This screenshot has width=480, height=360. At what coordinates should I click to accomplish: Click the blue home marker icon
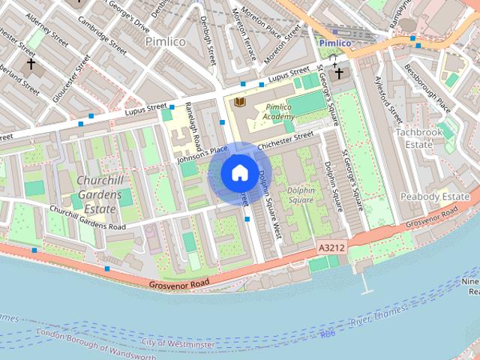[239, 173]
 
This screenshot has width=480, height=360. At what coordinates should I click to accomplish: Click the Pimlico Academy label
[278, 112]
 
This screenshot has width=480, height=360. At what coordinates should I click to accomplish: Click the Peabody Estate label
[434, 196]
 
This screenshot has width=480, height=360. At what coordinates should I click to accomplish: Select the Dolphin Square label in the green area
[300, 195]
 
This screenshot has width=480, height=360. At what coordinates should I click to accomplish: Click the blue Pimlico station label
[335, 43]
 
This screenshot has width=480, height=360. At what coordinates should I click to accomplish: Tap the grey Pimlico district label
[166, 41]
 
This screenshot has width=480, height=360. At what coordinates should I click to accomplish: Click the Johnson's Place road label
[202, 154]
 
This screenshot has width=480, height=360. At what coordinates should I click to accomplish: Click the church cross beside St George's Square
[339, 73]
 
